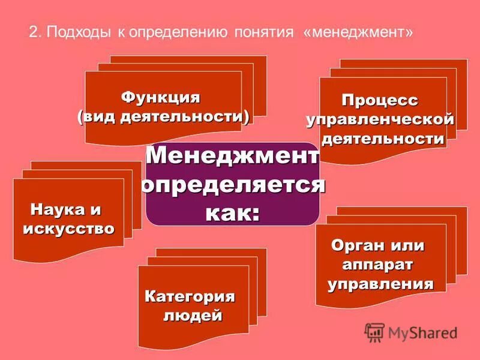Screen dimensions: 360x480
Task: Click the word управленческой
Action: coord(380,119)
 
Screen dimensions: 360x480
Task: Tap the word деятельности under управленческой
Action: coord(384,139)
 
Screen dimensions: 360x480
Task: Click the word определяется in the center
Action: coord(233,184)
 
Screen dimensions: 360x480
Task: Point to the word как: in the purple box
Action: coord(233,212)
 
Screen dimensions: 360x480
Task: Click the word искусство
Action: coord(68,229)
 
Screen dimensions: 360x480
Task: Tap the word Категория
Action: coord(190,296)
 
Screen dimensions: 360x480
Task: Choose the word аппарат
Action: coord(378,264)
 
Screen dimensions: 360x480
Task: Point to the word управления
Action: coord(380,284)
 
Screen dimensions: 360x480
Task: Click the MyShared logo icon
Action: coord(374,332)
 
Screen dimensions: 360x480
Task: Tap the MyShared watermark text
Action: coord(422,332)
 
